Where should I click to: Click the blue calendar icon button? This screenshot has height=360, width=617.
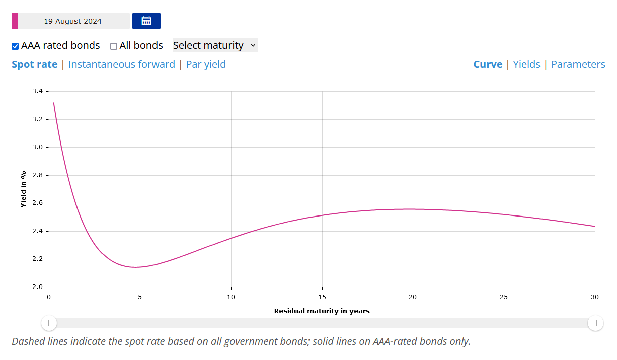tap(146, 21)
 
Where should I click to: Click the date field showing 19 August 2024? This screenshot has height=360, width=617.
tap(73, 21)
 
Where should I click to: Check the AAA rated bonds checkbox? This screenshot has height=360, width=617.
tap(15, 46)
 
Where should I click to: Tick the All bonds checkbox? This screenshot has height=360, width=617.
tap(114, 46)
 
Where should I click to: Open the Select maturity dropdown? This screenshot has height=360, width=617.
tap(215, 45)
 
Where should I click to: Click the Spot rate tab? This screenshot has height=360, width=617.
tap(34, 64)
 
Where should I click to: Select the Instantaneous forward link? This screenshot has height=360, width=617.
tap(121, 64)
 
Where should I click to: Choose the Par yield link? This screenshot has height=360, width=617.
tap(206, 64)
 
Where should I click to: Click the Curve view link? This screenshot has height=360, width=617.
tap(488, 64)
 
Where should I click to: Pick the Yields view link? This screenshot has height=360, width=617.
tap(526, 64)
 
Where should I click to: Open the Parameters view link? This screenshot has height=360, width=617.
tap(578, 64)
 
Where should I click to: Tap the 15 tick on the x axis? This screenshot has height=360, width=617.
tap(322, 297)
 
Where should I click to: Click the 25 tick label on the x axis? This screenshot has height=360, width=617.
tap(504, 297)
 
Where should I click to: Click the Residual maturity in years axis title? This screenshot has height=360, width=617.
tap(322, 311)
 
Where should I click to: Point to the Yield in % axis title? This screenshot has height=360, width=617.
tap(23, 189)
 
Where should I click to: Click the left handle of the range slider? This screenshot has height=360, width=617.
tap(49, 323)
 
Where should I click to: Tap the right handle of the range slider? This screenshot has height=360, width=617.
tap(595, 323)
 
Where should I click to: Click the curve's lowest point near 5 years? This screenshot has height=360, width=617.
tap(136, 267)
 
